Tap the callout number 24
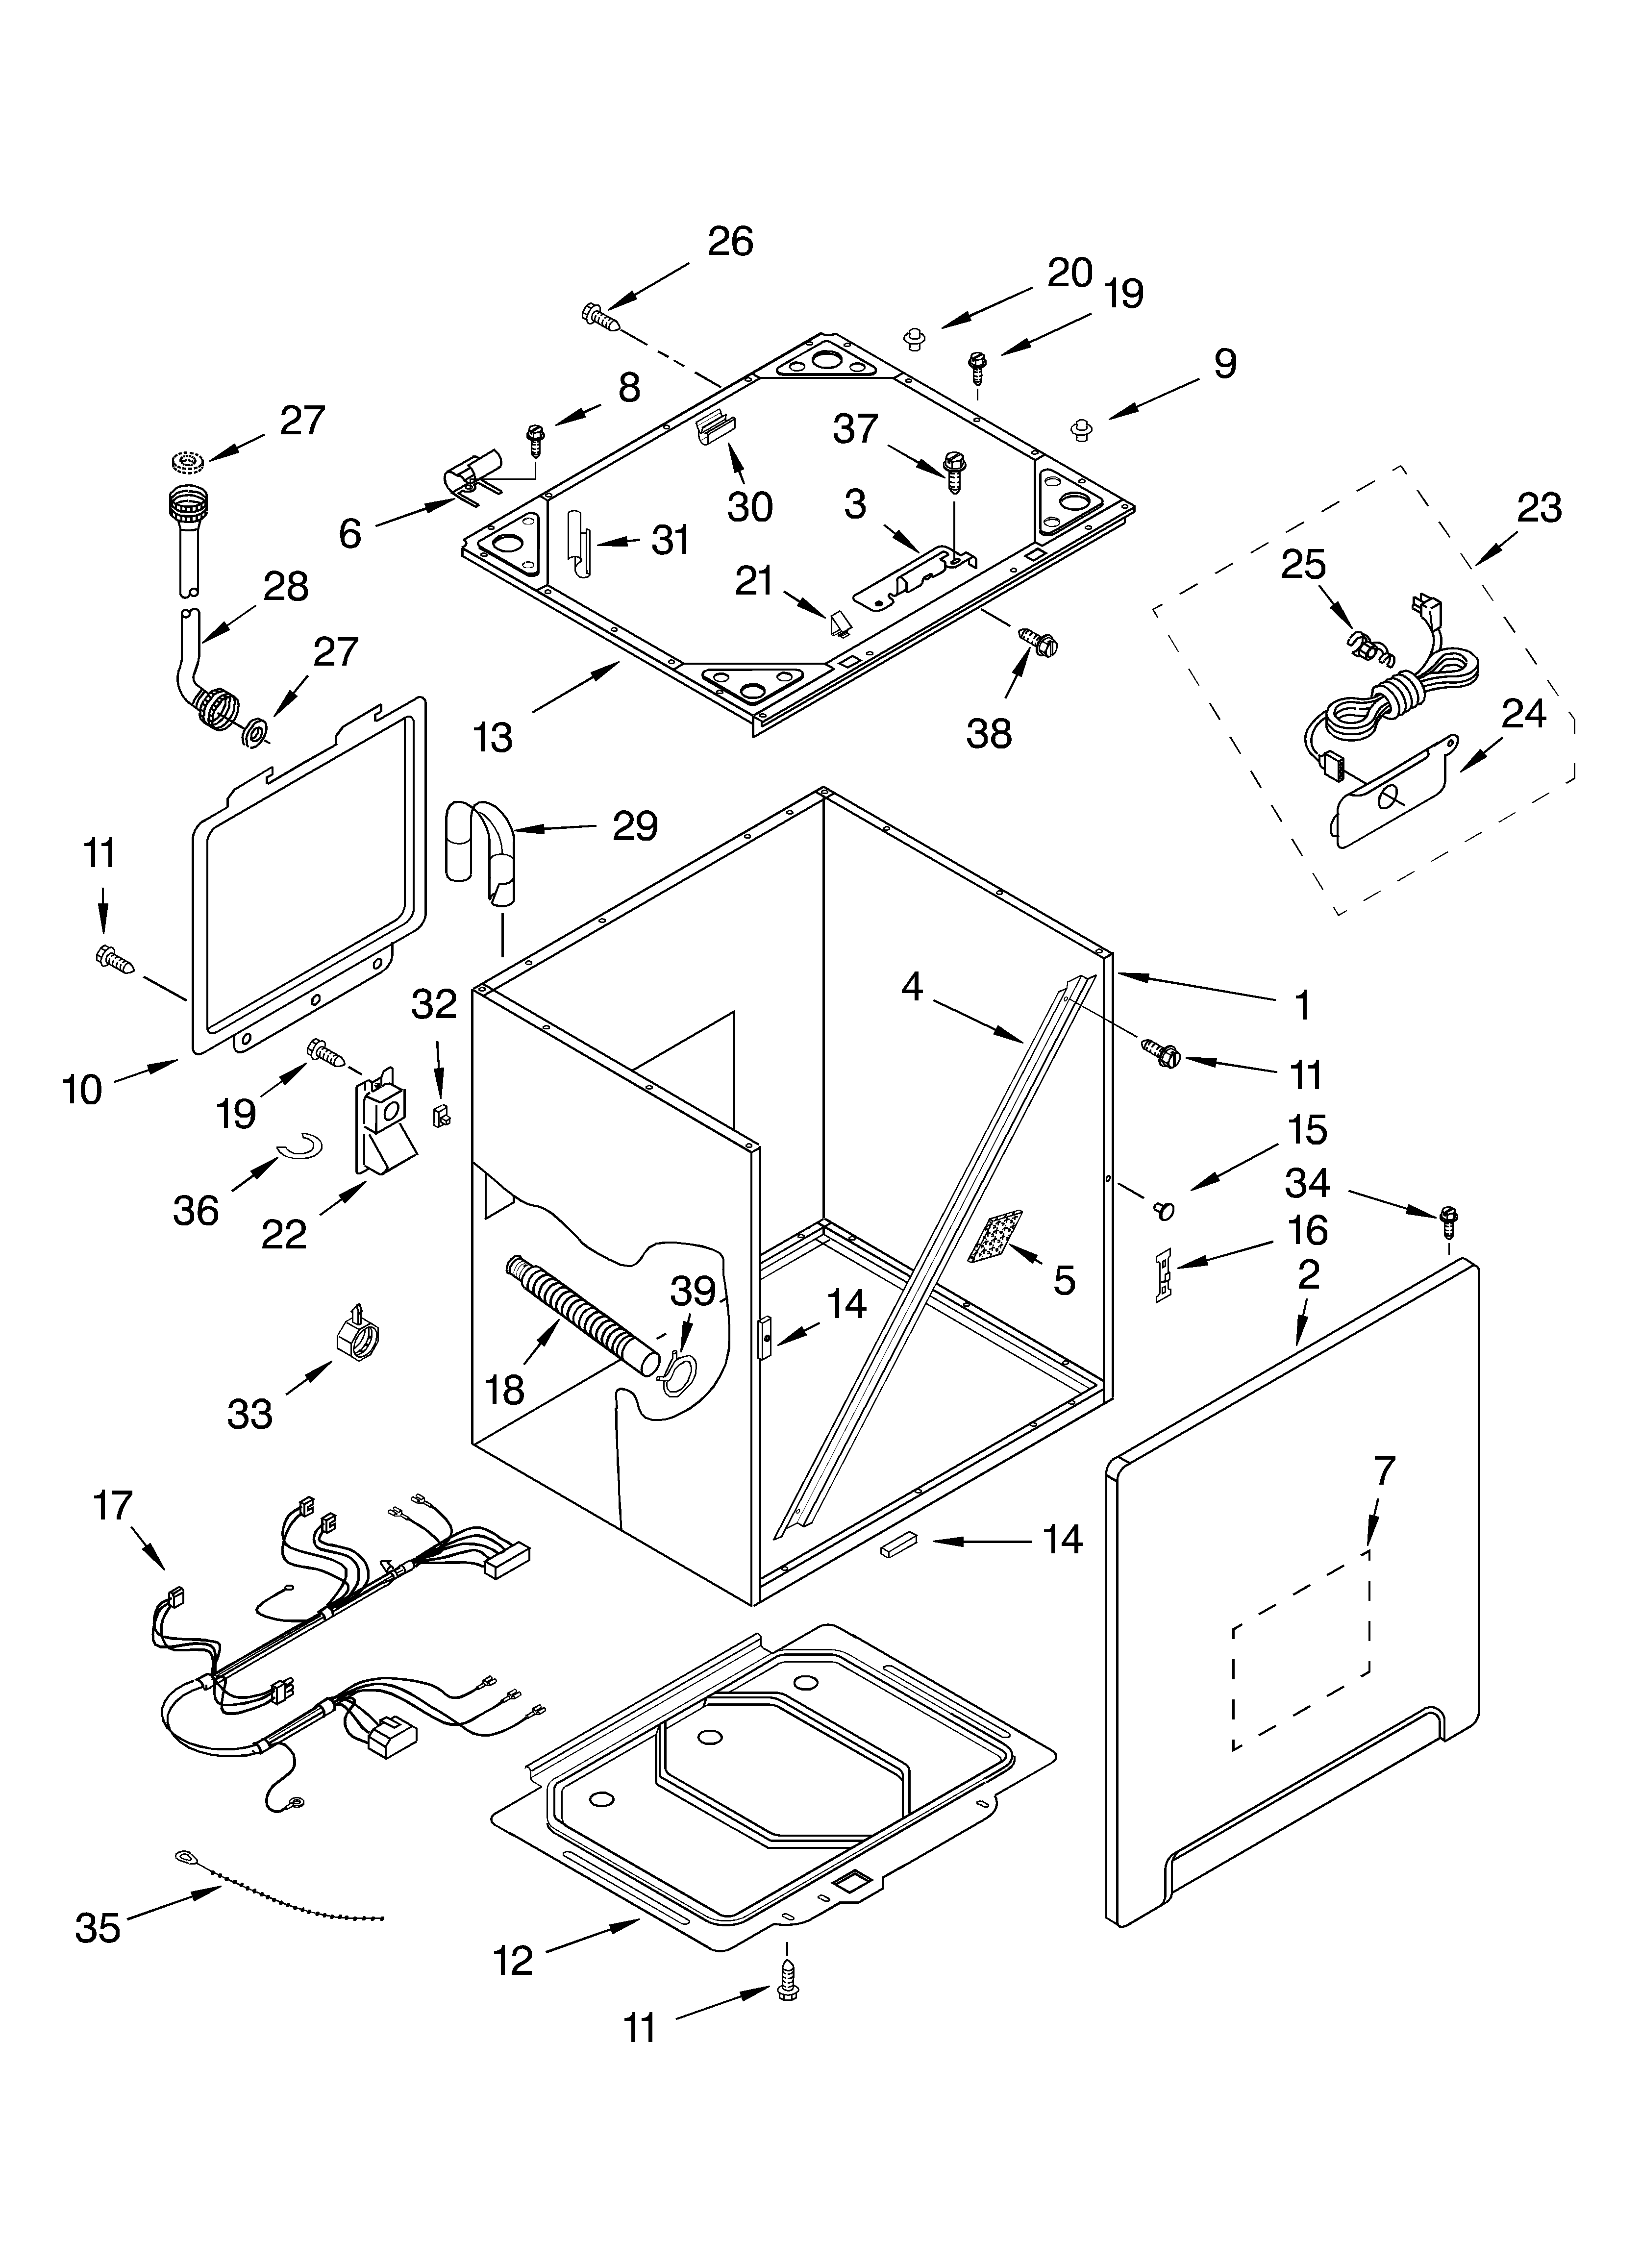(x=1523, y=713)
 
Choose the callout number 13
(x=493, y=737)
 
